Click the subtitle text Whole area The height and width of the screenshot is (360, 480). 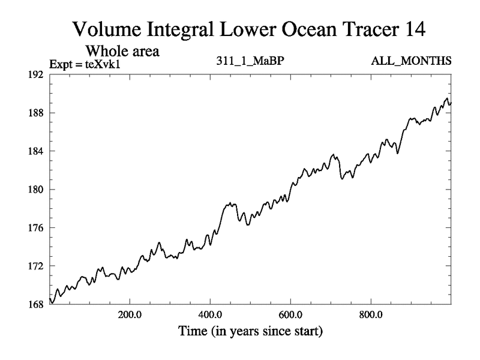click(122, 51)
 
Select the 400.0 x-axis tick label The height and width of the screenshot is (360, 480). click(210, 314)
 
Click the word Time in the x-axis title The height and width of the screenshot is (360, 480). click(192, 331)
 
